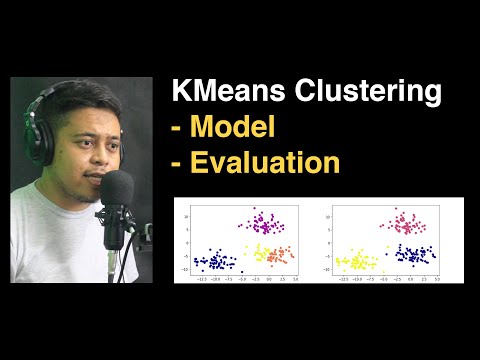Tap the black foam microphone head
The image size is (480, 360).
coord(118,190)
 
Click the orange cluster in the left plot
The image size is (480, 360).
coord(284,254)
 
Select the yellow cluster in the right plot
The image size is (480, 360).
coord(354,263)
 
